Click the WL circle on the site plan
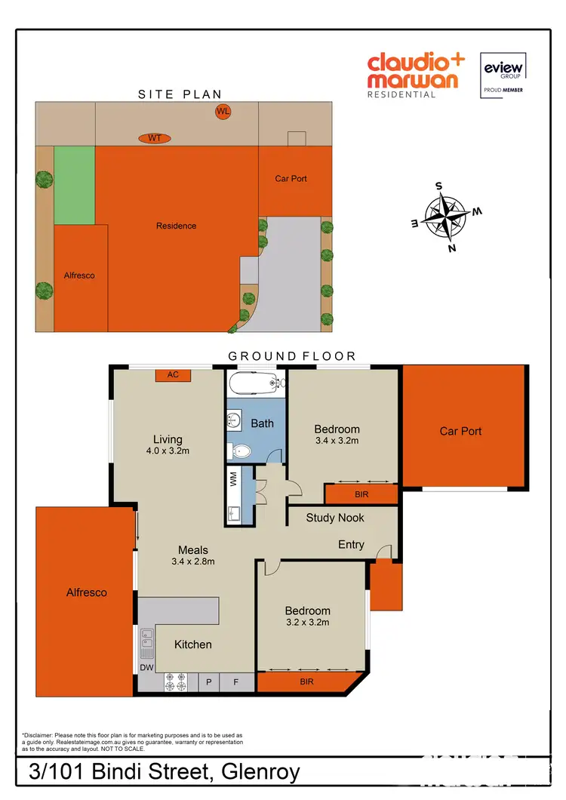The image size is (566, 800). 223,112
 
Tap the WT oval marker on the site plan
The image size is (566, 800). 155,138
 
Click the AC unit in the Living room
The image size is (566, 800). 173,375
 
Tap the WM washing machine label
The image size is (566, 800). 233,478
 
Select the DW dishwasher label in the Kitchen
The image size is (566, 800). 146,667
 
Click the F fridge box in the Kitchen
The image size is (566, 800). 235,682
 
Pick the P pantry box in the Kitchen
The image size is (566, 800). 209,682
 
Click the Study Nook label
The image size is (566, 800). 335,518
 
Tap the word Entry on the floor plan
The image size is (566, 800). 351,544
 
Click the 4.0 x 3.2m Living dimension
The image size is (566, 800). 168,452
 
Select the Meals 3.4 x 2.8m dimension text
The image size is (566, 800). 192,562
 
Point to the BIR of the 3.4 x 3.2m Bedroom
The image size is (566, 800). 361,494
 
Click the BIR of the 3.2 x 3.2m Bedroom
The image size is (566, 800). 306,682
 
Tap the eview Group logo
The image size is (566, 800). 503,75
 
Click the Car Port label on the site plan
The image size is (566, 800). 291,179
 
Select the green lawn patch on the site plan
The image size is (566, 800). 74,185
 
